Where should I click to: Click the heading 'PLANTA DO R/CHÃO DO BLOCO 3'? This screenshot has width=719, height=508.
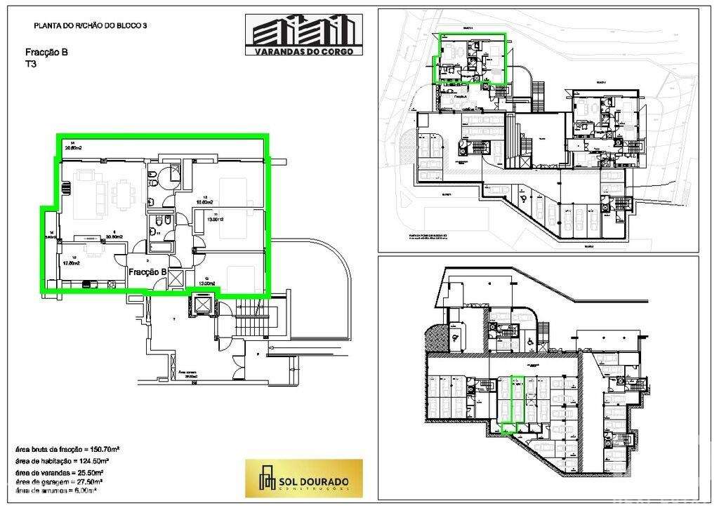[x=90, y=25]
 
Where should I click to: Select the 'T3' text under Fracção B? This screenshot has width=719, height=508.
[x=32, y=63]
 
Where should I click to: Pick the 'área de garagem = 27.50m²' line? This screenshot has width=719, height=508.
[x=60, y=483]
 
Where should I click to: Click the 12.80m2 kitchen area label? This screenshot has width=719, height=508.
[x=72, y=262]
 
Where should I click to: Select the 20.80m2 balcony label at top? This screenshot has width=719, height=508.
[x=73, y=148]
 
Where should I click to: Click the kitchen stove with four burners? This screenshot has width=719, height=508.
[x=88, y=284]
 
